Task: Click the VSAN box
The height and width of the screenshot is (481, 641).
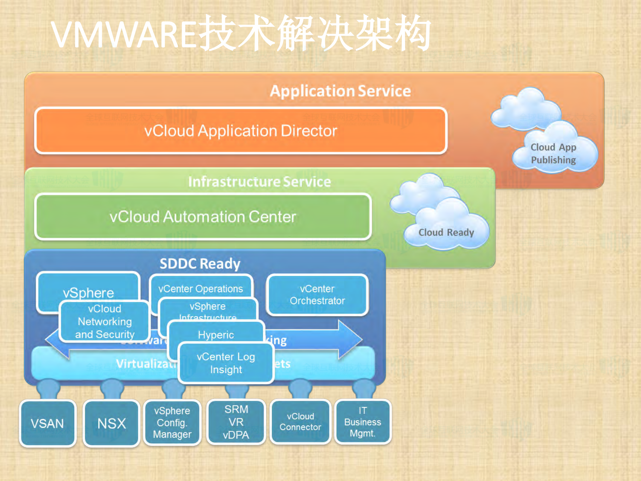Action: (x=47, y=424)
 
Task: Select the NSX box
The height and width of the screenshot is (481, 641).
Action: (x=111, y=424)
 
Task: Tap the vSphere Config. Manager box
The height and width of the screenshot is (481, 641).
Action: (x=172, y=423)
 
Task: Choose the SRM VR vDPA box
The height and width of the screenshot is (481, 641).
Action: (x=236, y=422)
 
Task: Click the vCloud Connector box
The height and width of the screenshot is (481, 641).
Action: (x=300, y=422)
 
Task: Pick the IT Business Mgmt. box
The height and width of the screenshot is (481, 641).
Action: (x=363, y=422)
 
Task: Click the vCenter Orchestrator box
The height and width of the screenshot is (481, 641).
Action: (x=317, y=295)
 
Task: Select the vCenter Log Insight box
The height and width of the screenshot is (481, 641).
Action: (x=226, y=363)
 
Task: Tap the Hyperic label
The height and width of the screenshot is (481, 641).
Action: (x=216, y=335)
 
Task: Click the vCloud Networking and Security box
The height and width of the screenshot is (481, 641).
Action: (x=105, y=322)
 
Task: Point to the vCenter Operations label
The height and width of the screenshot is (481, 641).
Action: (x=200, y=288)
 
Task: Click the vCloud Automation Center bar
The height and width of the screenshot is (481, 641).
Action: (x=203, y=217)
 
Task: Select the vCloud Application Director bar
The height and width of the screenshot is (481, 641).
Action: (x=241, y=131)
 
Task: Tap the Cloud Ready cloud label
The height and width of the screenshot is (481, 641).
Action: (x=446, y=232)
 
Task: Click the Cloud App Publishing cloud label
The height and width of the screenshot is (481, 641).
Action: (x=553, y=154)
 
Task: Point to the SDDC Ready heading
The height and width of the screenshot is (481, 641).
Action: (x=200, y=264)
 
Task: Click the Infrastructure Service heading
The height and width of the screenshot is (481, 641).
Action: (x=259, y=182)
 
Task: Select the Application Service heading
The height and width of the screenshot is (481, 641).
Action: (x=340, y=91)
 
